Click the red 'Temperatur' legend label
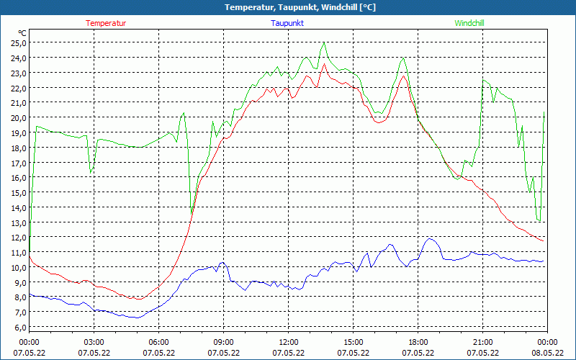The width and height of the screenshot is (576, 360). point(106,23)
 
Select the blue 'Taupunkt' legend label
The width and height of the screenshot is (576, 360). point(287,23)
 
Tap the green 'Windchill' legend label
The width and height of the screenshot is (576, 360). point(469,23)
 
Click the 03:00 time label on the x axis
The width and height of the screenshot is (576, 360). point(94,342)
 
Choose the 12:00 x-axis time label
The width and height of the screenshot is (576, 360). point(288,342)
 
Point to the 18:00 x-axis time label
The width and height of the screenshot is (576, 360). point(418,342)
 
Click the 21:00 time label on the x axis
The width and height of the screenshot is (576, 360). point(482,342)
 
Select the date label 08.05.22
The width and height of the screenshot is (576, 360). point(547,353)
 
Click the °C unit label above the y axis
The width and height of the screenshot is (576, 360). point(22,33)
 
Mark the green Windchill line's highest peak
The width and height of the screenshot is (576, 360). point(324,42)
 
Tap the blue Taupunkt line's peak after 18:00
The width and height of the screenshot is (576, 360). point(431,239)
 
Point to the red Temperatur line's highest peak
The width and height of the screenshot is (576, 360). point(324,64)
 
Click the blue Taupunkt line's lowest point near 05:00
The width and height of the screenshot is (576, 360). point(136,318)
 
